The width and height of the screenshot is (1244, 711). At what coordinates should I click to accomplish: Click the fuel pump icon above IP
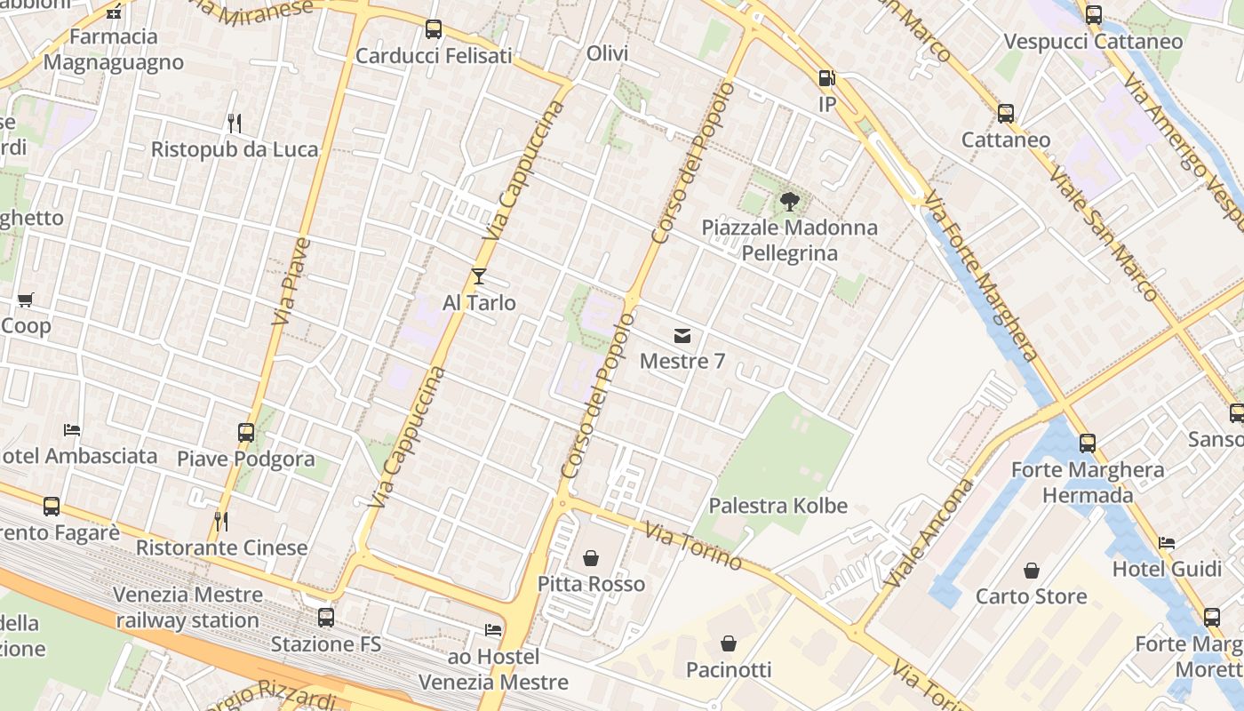(x=826, y=78)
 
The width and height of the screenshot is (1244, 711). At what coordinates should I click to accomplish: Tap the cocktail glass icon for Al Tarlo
(x=479, y=276)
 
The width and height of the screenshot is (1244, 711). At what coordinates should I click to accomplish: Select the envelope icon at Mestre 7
(x=682, y=335)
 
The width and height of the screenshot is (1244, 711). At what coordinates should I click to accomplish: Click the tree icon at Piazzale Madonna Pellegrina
(x=789, y=202)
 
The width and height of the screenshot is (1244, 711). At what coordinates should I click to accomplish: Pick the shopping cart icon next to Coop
(x=25, y=300)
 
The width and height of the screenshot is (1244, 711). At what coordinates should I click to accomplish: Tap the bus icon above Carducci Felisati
(x=434, y=29)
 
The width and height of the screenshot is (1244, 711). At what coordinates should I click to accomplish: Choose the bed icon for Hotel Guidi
(x=1167, y=543)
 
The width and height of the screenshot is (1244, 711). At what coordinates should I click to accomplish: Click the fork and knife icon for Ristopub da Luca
(x=235, y=123)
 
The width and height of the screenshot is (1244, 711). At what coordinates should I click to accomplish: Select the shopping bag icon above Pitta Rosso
(x=591, y=558)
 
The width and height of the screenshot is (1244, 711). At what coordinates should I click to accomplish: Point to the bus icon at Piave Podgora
(x=246, y=433)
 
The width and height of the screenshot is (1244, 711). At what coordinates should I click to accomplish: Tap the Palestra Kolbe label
(x=777, y=506)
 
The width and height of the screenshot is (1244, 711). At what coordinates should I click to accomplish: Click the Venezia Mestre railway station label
(x=187, y=607)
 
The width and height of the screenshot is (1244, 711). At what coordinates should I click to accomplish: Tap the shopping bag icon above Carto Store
(x=1032, y=570)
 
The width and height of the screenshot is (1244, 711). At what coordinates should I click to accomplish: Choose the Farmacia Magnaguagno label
(x=114, y=50)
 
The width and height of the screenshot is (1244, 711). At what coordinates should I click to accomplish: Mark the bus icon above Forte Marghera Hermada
(x=1088, y=443)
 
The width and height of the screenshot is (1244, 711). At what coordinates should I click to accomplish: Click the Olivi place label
(x=608, y=53)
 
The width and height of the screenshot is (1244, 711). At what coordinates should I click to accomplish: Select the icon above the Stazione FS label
(x=326, y=618)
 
